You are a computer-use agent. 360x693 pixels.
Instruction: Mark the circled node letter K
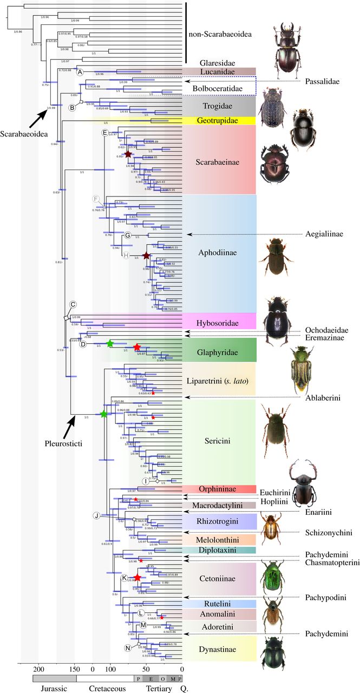click(x=125, y=578)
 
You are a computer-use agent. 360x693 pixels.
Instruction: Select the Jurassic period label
click(x=47, y=688)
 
